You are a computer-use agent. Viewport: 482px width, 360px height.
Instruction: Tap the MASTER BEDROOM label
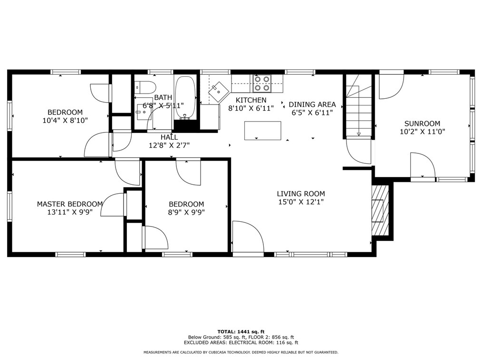tap(70, 204)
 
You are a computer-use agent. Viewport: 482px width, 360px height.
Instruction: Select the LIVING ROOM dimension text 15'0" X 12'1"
tap(301, 202)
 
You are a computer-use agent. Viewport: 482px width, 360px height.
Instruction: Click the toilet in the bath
tap(145, 87)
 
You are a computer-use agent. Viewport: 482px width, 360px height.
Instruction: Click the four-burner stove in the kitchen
tap(261, 83)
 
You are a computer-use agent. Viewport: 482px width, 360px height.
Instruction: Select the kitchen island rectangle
tap(262, 131)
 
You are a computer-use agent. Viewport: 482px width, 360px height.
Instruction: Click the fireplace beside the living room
tap(379, 209)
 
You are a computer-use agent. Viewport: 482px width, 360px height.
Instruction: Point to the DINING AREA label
tap(312, 104)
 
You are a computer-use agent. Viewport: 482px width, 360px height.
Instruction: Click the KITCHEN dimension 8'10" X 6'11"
tap(251, 108)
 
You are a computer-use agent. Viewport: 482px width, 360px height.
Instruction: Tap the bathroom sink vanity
tap(142, 112)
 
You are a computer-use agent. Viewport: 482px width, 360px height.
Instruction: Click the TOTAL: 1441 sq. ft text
tap(241, 331)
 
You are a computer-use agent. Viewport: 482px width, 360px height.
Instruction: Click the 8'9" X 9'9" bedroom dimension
tap(186, 212)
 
